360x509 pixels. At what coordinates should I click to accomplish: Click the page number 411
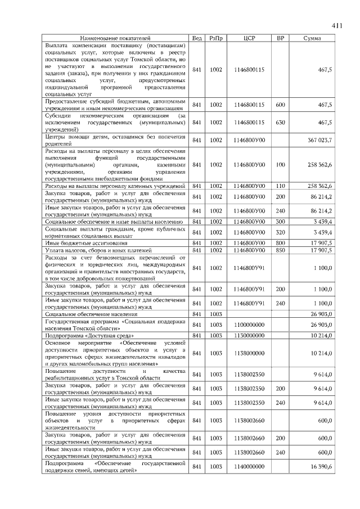(337, 25)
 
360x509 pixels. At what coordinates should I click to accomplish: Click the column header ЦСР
(249, 38)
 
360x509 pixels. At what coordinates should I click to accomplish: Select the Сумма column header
(312, 38)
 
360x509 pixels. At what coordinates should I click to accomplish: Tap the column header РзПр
(216, 38)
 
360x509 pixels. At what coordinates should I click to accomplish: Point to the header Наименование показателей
(115, 38)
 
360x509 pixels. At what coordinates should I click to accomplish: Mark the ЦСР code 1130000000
(249, 335)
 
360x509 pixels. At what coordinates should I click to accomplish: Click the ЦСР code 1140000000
(249, 467)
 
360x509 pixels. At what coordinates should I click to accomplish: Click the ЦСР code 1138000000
(249, 353)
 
